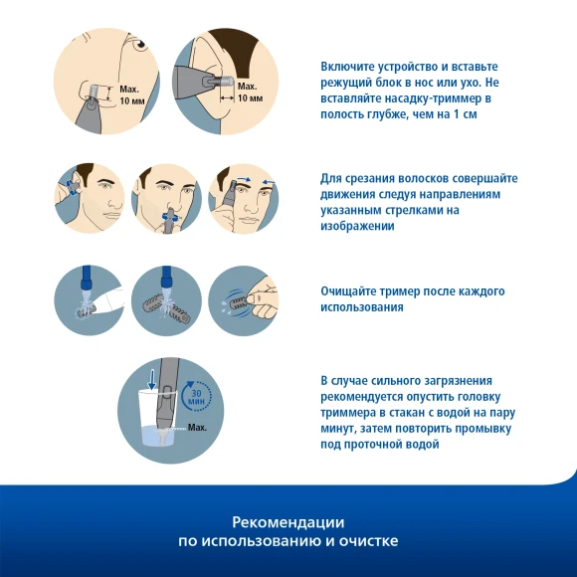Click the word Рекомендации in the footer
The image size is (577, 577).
288,522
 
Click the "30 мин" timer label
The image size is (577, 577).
197,397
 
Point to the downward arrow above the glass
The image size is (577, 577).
151,380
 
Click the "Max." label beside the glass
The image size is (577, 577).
197,428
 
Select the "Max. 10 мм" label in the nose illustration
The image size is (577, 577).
132,95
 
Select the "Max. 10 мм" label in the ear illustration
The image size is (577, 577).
250,92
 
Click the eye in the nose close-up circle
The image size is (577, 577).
140,44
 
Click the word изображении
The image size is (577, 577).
357,226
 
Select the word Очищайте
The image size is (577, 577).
346,291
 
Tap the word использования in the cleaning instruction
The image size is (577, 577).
362,307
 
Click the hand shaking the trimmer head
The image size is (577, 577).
263,297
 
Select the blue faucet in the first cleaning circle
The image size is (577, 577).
87,279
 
